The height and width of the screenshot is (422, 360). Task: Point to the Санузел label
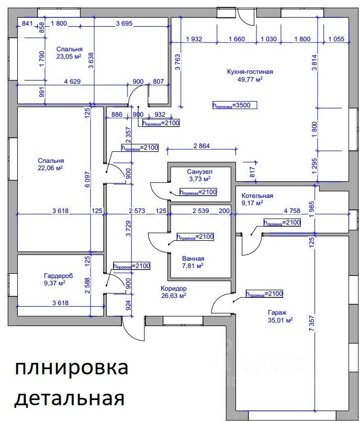[x=199, y=172]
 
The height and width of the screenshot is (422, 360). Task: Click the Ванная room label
[x=193, y=258]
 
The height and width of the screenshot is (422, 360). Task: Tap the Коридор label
[x=173, y=288]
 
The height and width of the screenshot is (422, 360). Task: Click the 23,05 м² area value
[x=69, y=57]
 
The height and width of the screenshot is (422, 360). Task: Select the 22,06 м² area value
[x=50, y=168]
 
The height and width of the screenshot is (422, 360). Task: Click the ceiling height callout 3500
[x=234, y=105]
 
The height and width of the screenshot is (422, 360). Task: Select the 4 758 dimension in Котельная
[x=292, y=212]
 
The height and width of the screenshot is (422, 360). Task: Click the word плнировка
[x=71, y=368]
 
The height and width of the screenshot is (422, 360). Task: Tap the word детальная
[x=69, y=399]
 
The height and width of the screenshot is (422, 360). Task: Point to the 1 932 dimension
[x=194, y=39]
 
